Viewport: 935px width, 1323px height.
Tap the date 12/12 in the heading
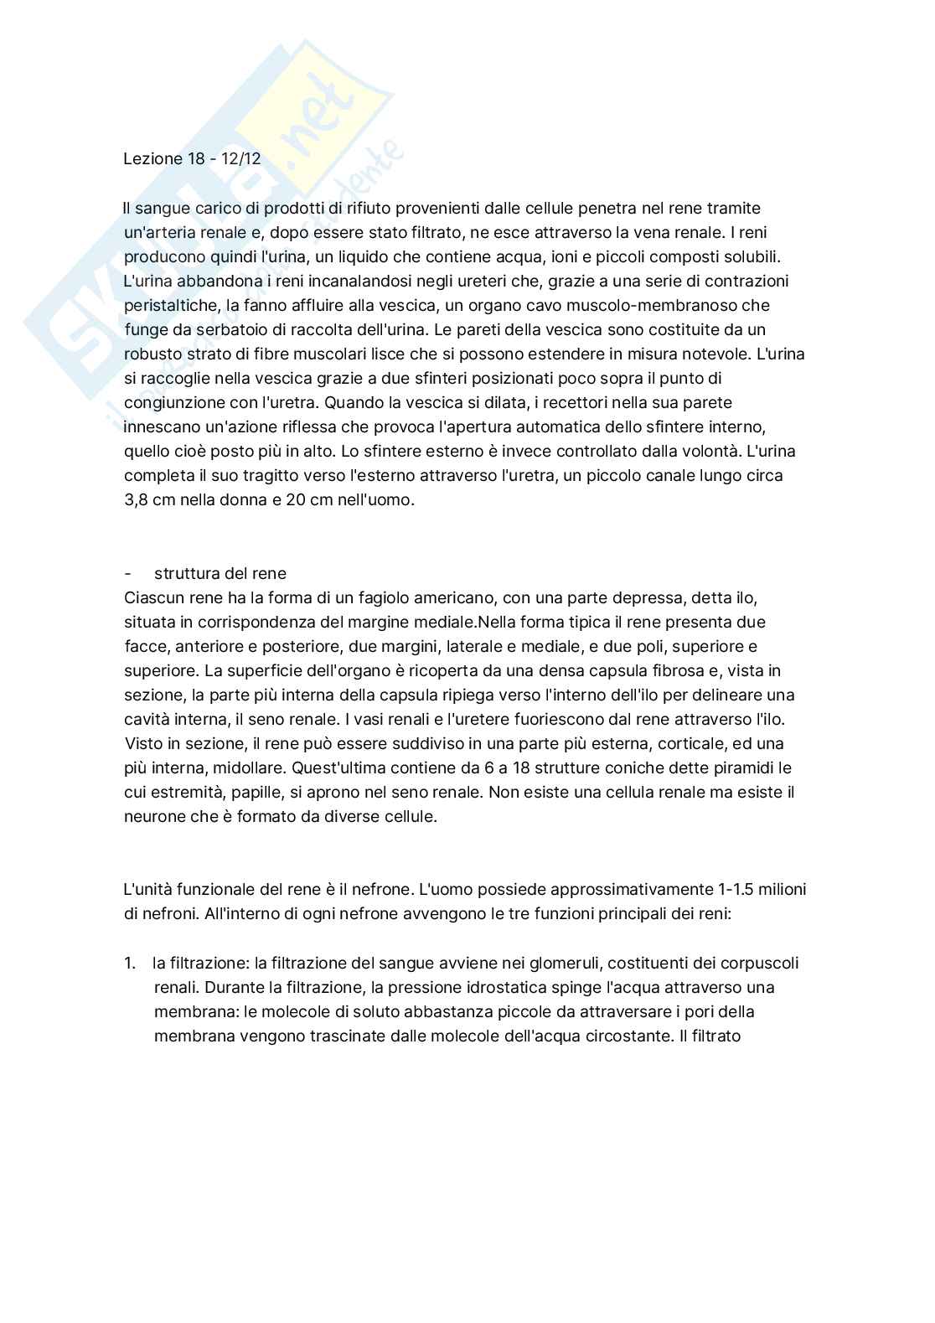coord(241,158)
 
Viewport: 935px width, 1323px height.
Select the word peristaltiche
coord(170,305)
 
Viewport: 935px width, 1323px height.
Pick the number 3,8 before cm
coord(137,500)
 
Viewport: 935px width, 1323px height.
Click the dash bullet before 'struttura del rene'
coord(127,574)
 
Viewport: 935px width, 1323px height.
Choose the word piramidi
coord(741,767)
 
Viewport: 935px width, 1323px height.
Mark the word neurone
coord(155,816)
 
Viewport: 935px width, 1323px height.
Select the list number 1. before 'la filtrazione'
coord(130,964)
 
